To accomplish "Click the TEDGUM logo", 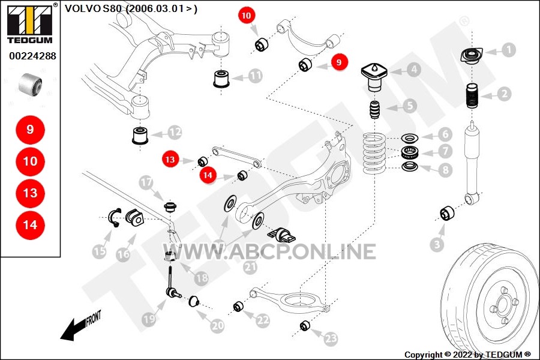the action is tap(30, 23).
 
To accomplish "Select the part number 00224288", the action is tap(33, 56).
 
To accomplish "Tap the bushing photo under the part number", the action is tap(31, 85).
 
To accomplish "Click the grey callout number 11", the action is tap(255, 76).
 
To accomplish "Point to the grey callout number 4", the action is tap(414, 70).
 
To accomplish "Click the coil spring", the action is tap(374, 154).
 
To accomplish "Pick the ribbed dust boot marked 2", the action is tap(472, 96).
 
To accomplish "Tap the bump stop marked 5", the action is tap(374, 110).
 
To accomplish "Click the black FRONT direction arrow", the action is tap(80, 326).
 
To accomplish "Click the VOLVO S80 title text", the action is tap(131, 8).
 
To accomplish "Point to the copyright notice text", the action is tap(467, 355).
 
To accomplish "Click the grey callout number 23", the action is tap(331, 338).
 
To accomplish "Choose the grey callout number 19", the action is tap(149, 319).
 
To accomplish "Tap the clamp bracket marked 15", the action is tap(115, 218).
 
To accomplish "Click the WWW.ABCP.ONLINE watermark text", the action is tap(269, 251).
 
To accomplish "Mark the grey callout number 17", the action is tap(146, 182).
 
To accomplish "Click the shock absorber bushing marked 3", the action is tap(447, 213).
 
